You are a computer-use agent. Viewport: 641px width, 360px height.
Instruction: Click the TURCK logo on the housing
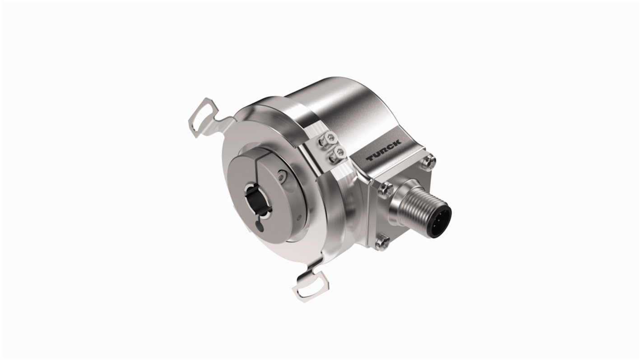[383, 151]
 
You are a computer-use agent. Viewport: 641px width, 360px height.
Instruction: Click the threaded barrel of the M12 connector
[418, 209]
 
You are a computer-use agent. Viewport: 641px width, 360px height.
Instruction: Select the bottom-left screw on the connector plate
[381, 242]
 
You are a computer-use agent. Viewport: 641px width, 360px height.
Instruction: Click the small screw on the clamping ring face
[282, 177]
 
